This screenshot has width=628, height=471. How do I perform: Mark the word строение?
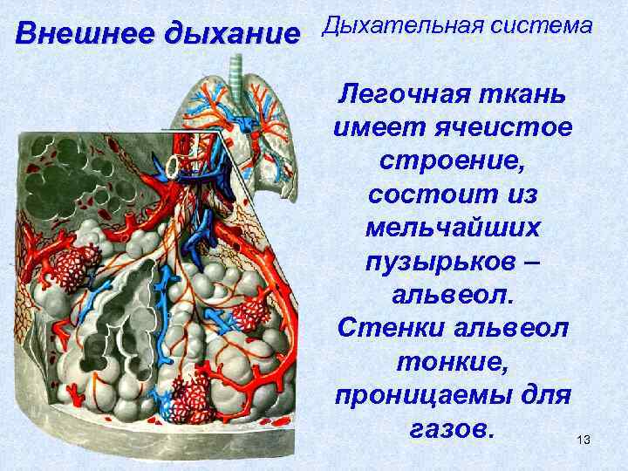[x=452, y=161]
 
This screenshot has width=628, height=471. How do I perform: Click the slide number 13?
[x=584, y=441]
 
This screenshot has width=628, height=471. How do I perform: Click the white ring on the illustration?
[x=179, y=165]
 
